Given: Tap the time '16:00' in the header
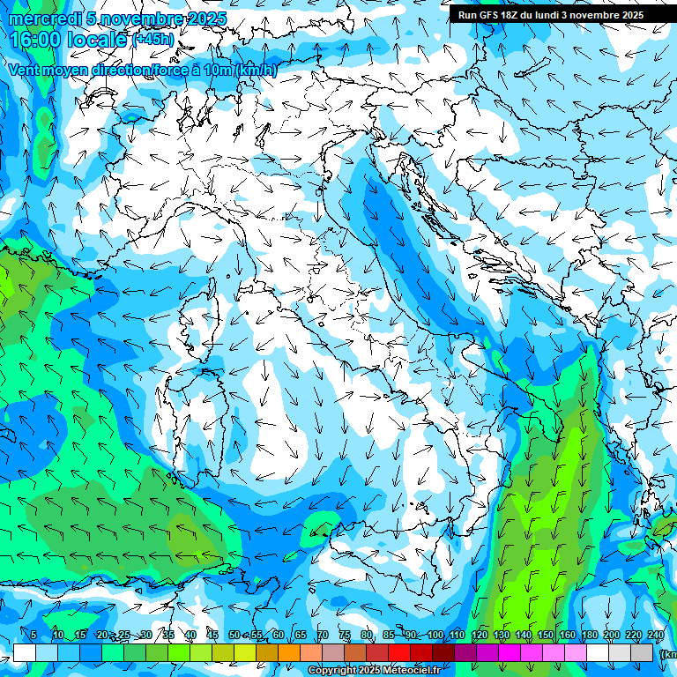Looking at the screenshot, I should click(x=37, y=40).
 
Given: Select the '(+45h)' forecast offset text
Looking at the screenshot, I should click(x=154, y=40).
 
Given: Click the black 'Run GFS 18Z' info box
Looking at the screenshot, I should click(x=550, y=14).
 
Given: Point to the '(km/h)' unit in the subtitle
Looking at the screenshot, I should click(x=256, y=70).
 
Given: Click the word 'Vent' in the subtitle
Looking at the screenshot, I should click(x=25, y=70).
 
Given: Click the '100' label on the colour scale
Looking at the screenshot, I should click(x=435, y=636).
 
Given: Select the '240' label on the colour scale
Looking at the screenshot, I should click(x=656, y=636).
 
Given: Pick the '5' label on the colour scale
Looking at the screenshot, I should click(x=33, y=636).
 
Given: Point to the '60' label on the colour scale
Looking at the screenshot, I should click(x=278, y=636).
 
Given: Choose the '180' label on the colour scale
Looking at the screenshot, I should click(x=590, y=636).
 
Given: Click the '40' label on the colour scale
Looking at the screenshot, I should click(x=190, y=636).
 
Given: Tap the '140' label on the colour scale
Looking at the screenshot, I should click(x=524, y=636).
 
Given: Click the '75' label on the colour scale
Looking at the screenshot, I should click(x=344, y=636).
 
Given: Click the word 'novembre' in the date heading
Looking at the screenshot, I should click(x=139, y=19).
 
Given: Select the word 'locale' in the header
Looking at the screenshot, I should click(x=99, y=40).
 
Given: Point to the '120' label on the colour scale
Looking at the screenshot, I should click(x=480, y=636).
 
